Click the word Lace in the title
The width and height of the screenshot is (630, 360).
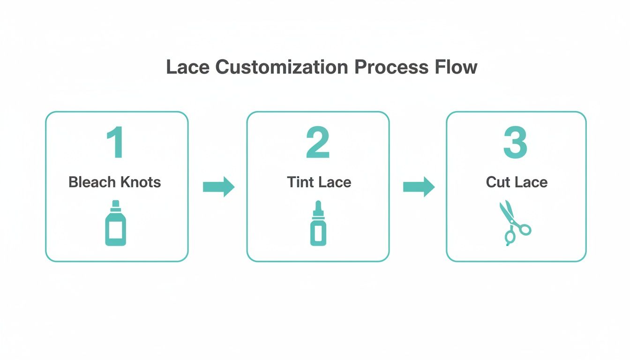188,67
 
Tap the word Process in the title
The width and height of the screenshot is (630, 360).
391,67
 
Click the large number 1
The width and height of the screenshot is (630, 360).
115,143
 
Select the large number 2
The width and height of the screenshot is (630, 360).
318,143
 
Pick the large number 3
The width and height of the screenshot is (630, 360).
515,143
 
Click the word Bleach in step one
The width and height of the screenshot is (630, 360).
92,182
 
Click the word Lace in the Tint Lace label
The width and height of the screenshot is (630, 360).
334,182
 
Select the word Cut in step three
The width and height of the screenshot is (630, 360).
498,182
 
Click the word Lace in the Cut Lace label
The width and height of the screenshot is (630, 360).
531,182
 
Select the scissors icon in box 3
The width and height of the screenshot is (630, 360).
513,224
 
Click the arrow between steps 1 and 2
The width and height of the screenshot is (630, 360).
218,187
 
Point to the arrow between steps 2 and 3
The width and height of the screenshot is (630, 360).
419,187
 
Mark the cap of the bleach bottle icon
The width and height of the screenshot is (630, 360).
115,204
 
